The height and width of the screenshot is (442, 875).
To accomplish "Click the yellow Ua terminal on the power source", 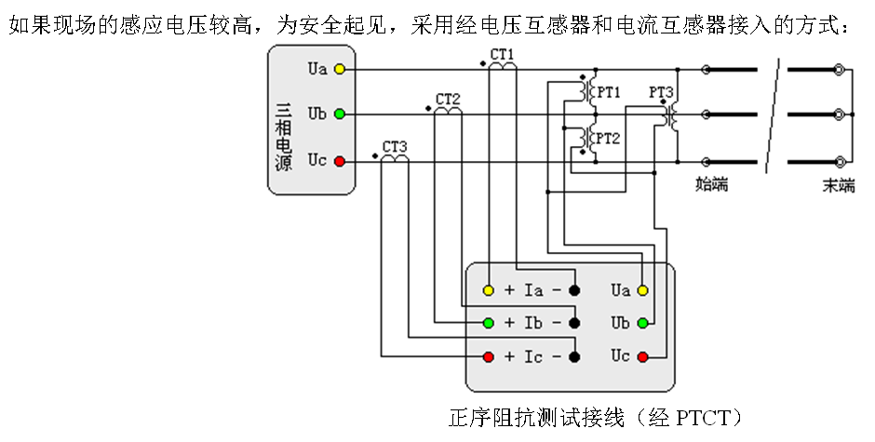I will coord(340,70).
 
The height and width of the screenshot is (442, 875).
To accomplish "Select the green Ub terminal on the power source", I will coord(340,114).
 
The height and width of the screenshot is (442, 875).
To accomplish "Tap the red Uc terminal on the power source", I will coord(340,162).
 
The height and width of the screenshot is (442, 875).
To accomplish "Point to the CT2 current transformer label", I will coord(448,100).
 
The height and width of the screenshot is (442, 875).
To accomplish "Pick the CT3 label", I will coord(395,147).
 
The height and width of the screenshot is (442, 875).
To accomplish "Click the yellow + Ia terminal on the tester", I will coord(488,290).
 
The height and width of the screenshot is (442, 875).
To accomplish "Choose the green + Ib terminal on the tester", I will coord(488,323).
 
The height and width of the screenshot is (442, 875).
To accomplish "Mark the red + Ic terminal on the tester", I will coord(488,356).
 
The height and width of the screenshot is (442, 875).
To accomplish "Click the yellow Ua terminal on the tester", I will coord(642,290).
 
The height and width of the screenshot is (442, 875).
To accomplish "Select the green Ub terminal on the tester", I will coord(642,323).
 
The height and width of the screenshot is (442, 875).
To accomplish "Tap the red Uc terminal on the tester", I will coord(642,356).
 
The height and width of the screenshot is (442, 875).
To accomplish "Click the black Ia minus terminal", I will coord(574,290).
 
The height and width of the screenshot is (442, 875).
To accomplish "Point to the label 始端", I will coord(712,184).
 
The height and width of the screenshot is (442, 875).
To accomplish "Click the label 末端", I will coord(838,184).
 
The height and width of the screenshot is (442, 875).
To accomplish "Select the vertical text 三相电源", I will coord(284,135).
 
